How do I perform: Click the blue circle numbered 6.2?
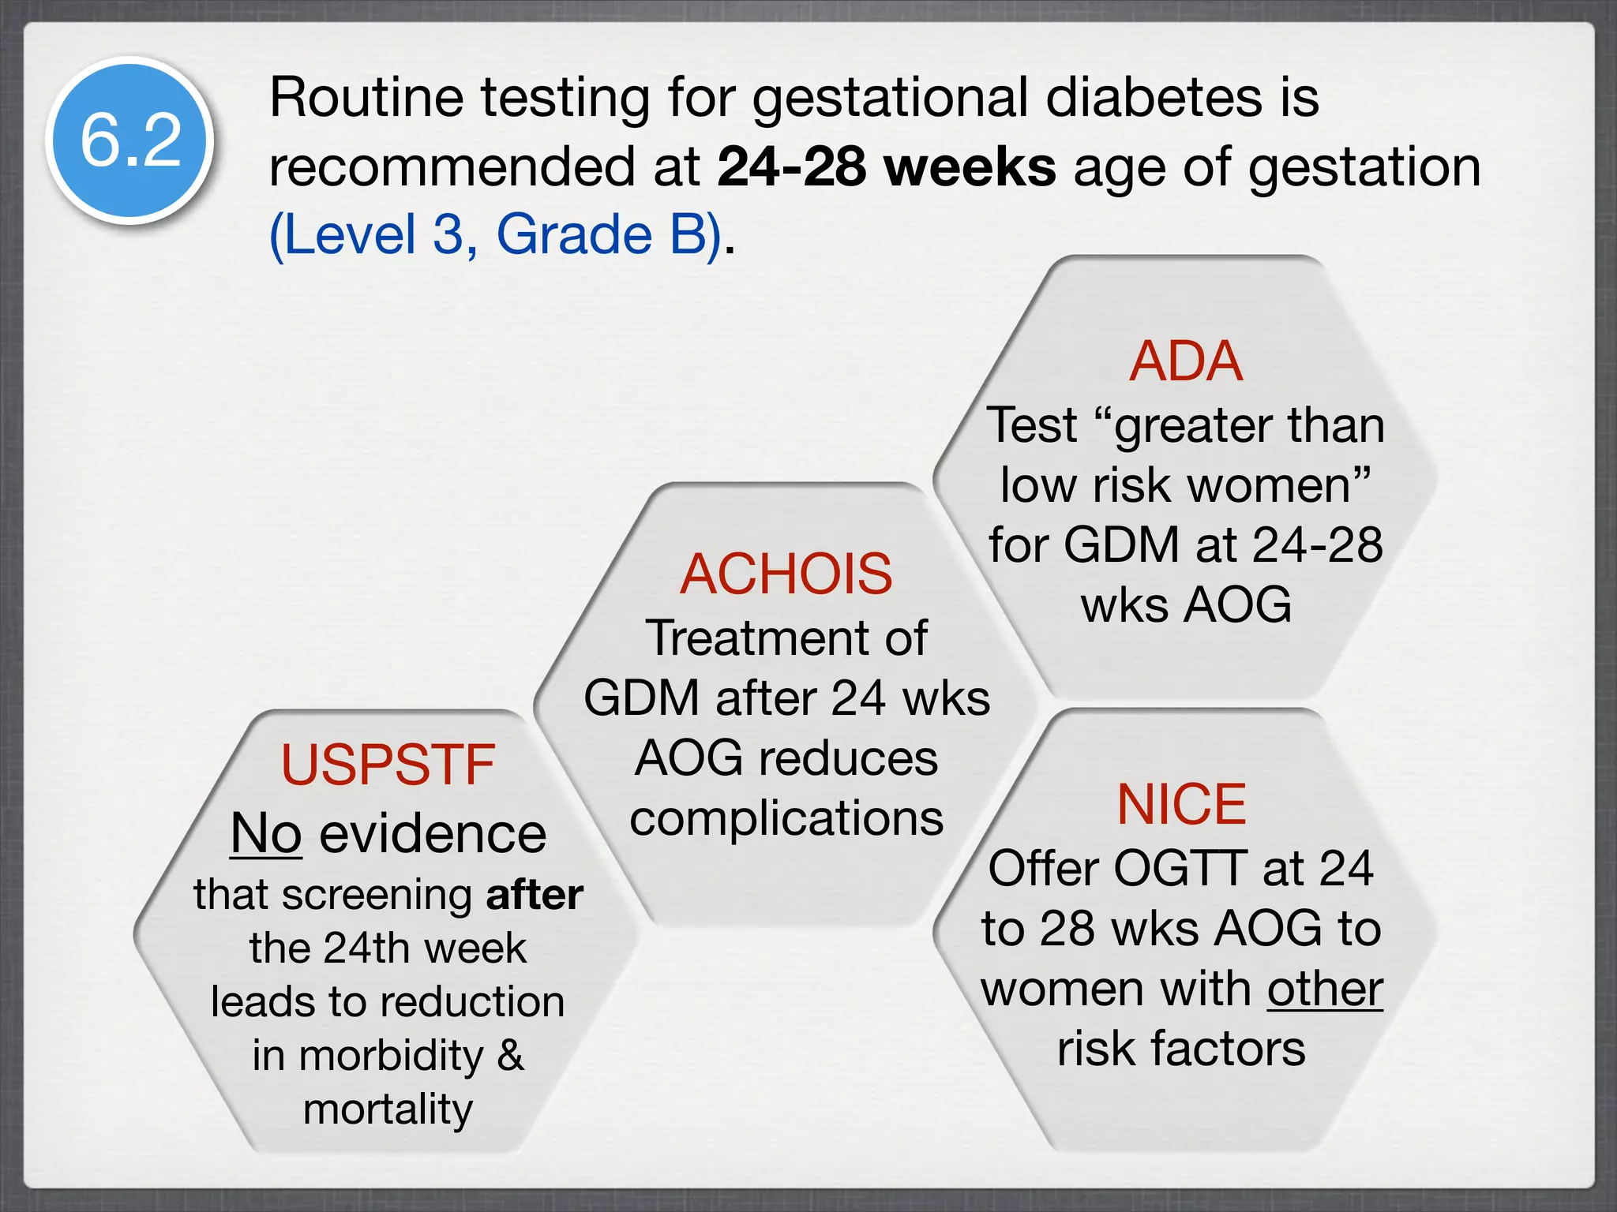[130, 140]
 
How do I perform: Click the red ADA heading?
[1186, 361]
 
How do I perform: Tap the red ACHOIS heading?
[786, 574]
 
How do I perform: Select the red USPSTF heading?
[388, 765]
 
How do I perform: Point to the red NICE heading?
[1182, 804]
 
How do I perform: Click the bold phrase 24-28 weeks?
[886, 166]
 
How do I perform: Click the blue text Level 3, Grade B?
[496, 234]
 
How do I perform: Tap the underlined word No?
[266, 833]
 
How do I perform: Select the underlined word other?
[1325, 989]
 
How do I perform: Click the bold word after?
[535, 895]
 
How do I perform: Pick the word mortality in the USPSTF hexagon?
[388, 1109]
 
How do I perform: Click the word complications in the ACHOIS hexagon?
[786, 818]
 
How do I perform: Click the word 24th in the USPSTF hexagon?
[368, 948]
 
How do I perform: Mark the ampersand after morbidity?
[511, 1055]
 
